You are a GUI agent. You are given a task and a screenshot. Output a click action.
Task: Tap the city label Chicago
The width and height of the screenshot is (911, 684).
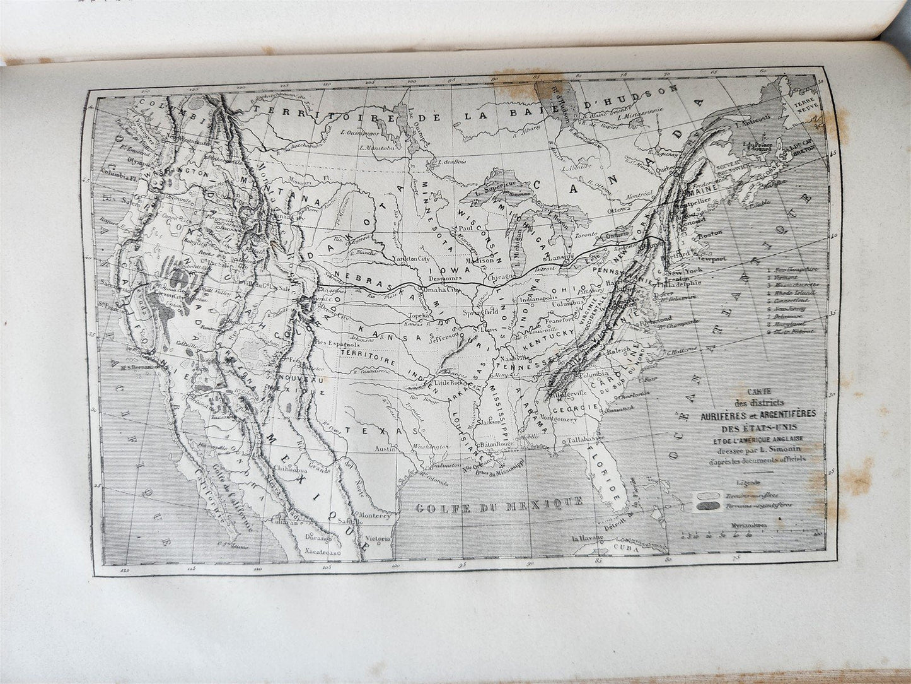[501, 276]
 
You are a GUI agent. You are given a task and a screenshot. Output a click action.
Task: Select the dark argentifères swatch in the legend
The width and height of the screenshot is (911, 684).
[707, 505]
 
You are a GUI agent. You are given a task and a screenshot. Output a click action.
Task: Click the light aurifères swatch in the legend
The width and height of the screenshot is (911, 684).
[707, 495]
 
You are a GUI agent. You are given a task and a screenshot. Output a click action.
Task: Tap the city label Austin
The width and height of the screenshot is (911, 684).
[385, 449]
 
